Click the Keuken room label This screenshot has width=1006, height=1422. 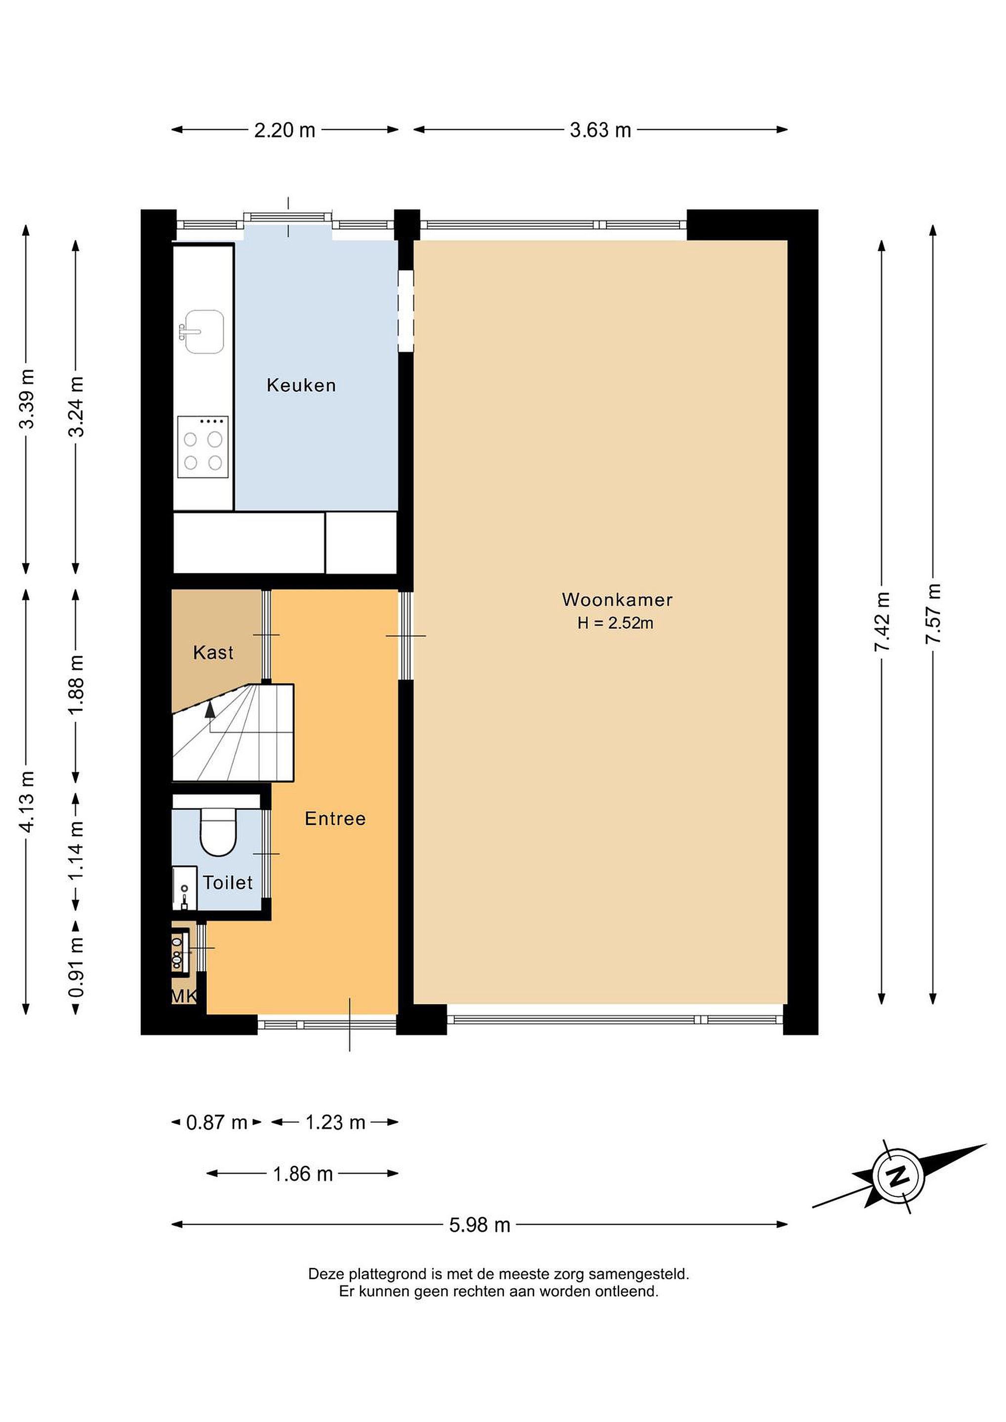click(301, 385)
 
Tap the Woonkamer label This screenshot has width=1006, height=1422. click(617, 599)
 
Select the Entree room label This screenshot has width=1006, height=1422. click(335, 819)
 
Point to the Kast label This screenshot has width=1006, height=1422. click(213, 652)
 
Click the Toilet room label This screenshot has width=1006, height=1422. click(228, 882)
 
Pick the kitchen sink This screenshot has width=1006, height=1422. click(202, 332)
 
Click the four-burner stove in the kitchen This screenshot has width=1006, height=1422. click(202, 446)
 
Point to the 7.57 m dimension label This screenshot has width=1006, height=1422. click(933, 613)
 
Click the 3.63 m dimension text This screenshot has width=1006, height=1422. click(600, 130)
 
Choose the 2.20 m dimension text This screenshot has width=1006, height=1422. click(285, 130)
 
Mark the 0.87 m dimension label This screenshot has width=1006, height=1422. click(217, 1122)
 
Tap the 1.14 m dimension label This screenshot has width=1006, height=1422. click(76, 851)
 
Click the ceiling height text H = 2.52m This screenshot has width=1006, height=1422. click(615, 623)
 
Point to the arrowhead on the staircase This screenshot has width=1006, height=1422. click(210, 709)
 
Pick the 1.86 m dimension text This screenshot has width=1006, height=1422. click(303, 1174)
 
